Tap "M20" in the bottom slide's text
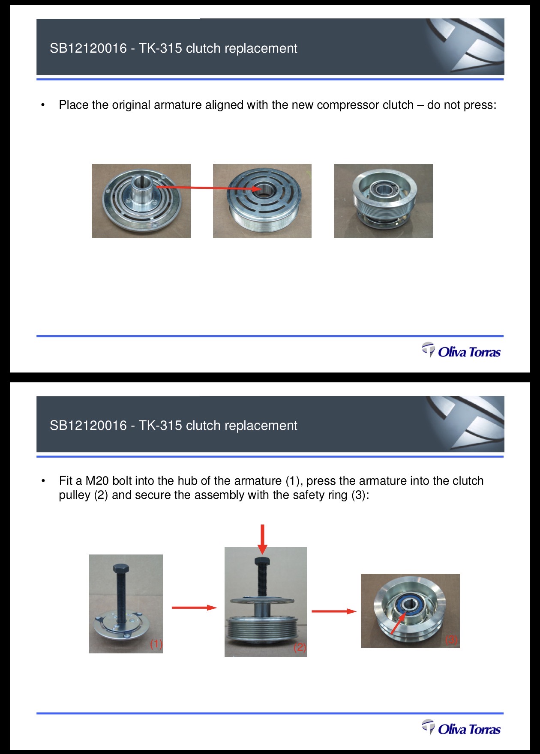(97, 481)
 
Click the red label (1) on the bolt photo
(156, 644)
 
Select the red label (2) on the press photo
(300, 647)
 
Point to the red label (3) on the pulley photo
(451, 640)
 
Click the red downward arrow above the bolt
(263, 539)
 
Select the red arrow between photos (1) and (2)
(194, 607)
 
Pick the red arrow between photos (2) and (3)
(334, 611)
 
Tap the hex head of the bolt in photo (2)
(261, 561)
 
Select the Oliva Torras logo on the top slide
(461, 351)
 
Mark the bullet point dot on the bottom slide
(43, 481)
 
